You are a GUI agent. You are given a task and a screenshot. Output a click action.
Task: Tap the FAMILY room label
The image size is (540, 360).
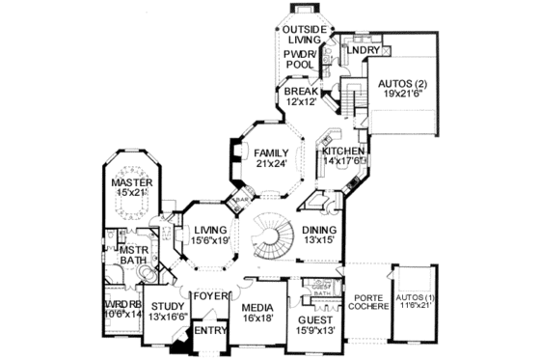(271, 153)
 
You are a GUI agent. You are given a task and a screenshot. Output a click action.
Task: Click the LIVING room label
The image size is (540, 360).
(209, 231)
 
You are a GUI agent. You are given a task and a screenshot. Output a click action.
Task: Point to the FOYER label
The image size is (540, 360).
(210, 296)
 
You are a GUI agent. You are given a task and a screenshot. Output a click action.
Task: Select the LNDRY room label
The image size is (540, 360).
(363, 49)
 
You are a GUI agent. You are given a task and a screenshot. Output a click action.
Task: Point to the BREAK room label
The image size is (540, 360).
(299, 93)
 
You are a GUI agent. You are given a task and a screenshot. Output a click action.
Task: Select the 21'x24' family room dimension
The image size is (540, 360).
(271, 165)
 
